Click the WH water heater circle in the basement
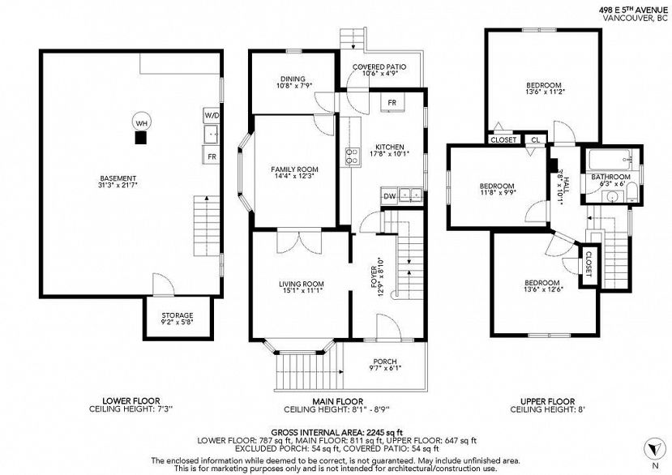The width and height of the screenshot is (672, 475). [x=141, y=123]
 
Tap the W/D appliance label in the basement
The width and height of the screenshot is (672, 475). [x=212, y=115]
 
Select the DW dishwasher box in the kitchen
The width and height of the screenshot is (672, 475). [x=389, y=196]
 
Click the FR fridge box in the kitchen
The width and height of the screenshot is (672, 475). [x=392, y=103]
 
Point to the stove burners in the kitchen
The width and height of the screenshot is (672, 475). [x=353, y=156]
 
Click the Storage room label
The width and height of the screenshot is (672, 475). [x=178, y=315]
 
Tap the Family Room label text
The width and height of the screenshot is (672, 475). [x=294, y=169]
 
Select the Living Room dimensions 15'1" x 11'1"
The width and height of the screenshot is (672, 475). [x=302, y=291]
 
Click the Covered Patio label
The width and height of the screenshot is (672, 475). [x=379, y=67]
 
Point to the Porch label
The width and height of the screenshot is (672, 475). [x=385, y=362]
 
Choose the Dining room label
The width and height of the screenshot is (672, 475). [x=293, y=79]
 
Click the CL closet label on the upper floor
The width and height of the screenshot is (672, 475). [x=536, y=139]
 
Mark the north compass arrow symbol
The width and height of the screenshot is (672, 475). [x=654, y=449]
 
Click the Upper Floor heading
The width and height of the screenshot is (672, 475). [x=548, y=401]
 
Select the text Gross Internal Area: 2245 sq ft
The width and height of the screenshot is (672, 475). [x=337, y=432]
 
